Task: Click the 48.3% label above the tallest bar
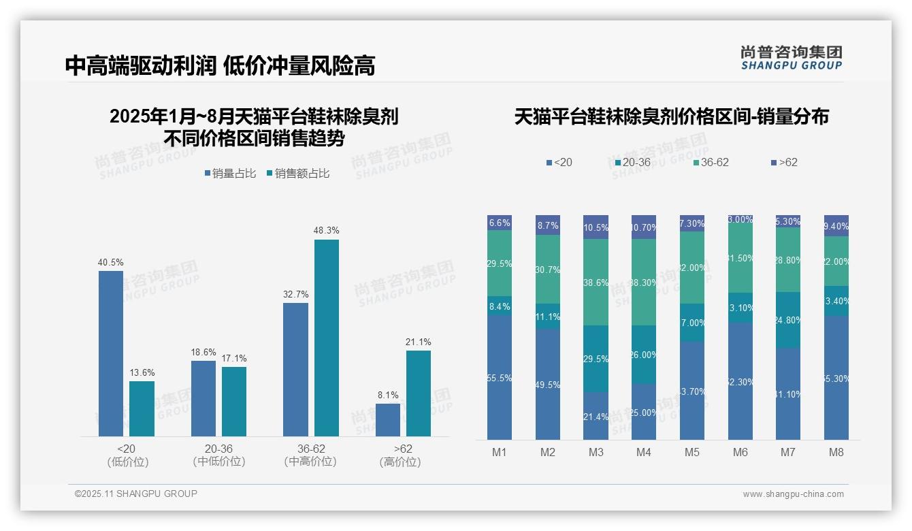pos(327,231)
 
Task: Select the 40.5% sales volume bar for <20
pos(111,353)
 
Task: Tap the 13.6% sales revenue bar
pos(142,408)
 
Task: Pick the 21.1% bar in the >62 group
pos(419,393)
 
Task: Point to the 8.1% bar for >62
pos(388,419)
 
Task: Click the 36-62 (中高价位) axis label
pos(310,455)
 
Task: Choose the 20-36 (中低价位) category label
pos(218,455)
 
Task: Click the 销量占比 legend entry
pos(230,174)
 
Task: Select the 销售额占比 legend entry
pos(298,174)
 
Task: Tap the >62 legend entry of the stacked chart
pos(784,163)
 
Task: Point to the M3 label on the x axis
pos(596,452)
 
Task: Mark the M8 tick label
pos(836,452)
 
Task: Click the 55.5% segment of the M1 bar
pos(500,377)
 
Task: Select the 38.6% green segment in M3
pos(596,282)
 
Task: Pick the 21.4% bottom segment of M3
pos(596,415)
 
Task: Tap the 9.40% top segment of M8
pos(836,225)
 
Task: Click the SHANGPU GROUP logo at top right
pos(791,58)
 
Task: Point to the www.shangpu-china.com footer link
pos(793,494)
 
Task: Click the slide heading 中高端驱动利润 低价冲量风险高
pos(220,65)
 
